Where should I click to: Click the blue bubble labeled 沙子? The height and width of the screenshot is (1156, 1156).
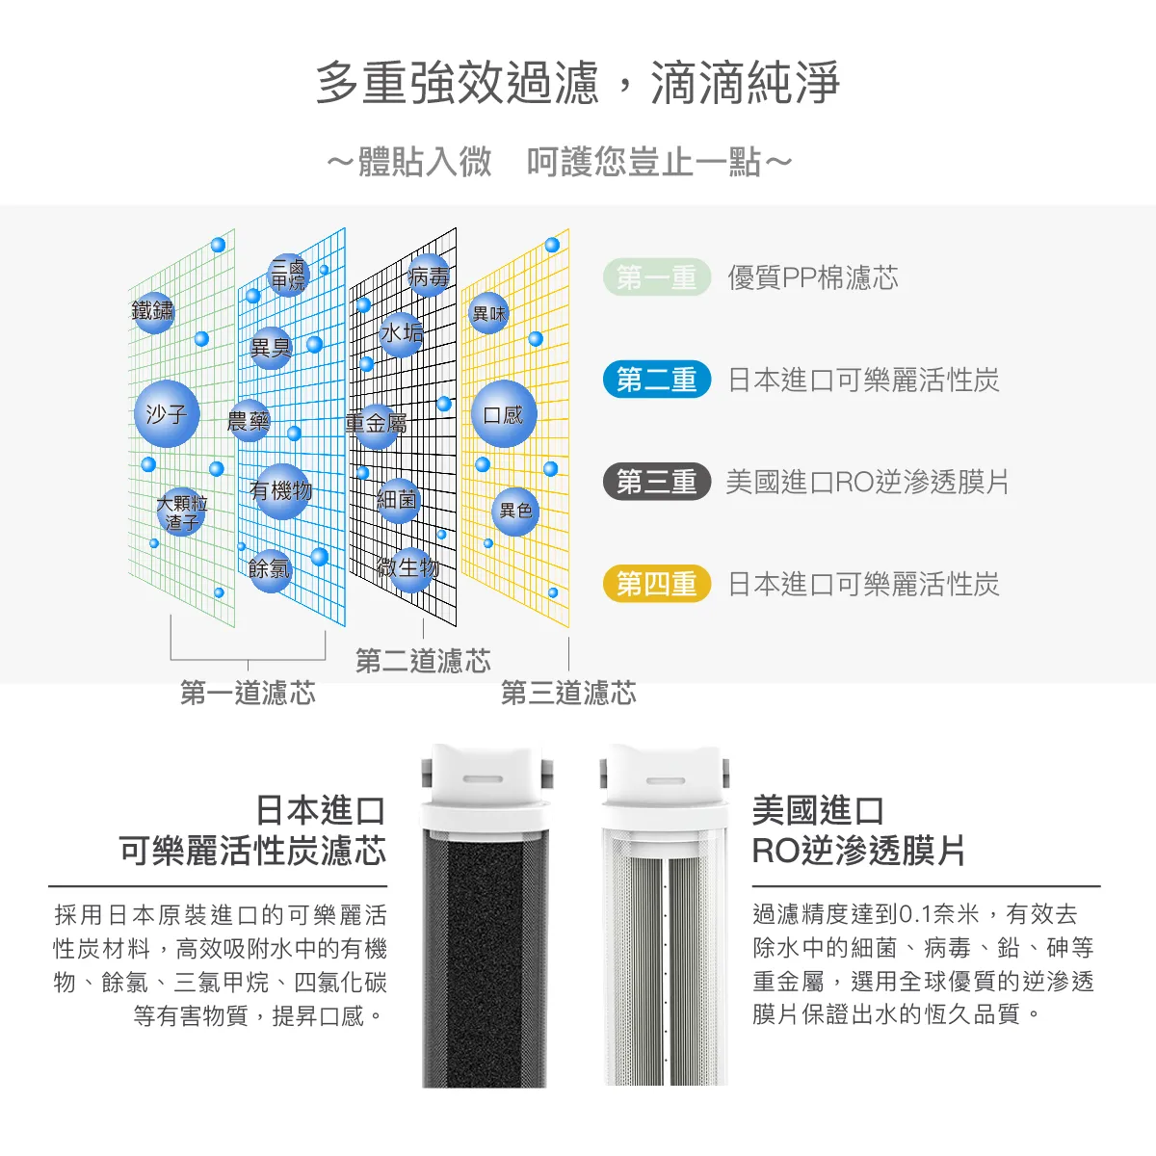167,414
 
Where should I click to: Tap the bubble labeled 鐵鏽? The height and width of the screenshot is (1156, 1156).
154,311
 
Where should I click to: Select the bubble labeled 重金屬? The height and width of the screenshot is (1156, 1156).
376,424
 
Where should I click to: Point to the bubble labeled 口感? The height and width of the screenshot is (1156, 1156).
503,414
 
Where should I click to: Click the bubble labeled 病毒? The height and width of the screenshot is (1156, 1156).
428,276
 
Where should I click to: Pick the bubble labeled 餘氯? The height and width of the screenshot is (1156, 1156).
270,568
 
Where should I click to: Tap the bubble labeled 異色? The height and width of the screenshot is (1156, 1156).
515,511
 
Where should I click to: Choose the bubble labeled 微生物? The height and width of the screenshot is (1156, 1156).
408,568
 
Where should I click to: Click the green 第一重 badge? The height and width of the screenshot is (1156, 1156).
657,277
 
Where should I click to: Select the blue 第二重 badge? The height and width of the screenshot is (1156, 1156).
657,380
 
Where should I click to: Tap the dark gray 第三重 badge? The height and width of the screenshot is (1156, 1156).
657,482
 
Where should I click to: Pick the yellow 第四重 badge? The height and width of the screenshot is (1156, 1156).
657,584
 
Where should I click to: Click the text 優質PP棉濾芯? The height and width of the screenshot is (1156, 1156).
812,278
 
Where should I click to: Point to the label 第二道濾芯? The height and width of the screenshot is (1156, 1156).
423,661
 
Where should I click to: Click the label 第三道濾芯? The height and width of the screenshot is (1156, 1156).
568,693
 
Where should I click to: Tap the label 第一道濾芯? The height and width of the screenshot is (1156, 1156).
248,693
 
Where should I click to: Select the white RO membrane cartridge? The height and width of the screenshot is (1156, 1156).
666,954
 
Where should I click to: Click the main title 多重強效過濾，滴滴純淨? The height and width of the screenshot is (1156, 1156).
578,83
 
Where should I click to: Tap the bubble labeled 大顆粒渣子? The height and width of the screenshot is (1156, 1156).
182,512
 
